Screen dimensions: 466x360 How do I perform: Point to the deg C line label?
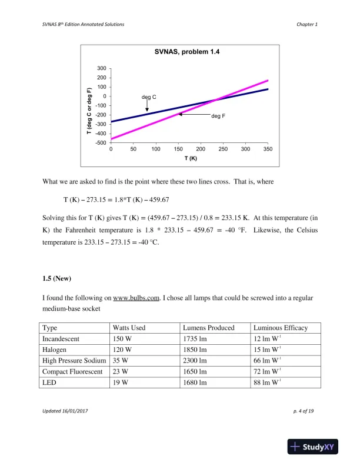(149, 96)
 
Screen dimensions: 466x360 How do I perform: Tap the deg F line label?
(218, 116)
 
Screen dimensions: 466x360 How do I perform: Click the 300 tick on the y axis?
(102, 68)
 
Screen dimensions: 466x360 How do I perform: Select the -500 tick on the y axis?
(101, 143)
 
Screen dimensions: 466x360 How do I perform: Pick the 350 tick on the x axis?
(268, 149)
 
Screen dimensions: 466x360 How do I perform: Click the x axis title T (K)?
(191, 159)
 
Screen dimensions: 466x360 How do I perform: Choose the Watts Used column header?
(129, 328)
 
